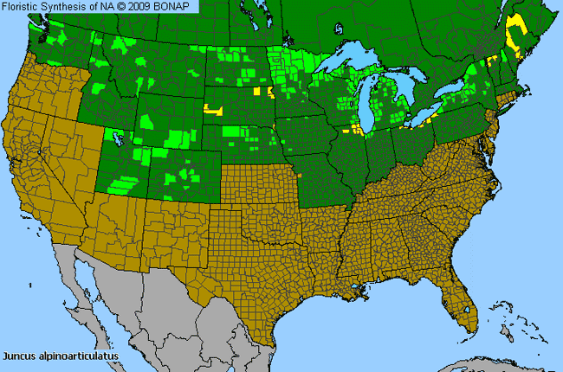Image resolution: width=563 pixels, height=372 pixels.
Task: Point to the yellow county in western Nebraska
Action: pyautogui.click(x=212, y=110)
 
